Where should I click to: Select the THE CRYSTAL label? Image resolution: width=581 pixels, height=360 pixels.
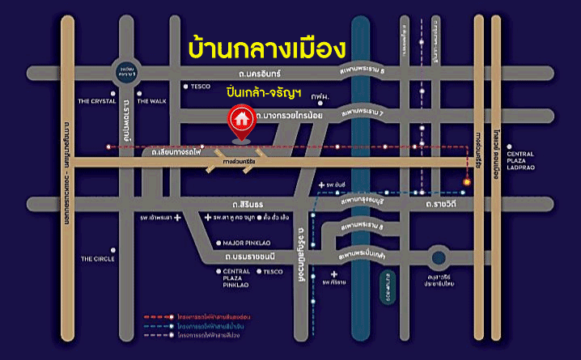click(x=98, y=101)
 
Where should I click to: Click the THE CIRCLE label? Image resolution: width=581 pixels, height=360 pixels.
click(x=98, y=259)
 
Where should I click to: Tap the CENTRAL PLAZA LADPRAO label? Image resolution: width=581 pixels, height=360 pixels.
click(x=521, y=159)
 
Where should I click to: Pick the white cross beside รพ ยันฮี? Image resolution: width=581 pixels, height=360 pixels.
click(x=321, y=185)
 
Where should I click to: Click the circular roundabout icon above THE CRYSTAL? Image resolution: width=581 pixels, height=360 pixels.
click(x=128, y=74)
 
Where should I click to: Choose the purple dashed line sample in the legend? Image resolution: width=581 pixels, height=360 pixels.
click(x=158, y=333)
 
